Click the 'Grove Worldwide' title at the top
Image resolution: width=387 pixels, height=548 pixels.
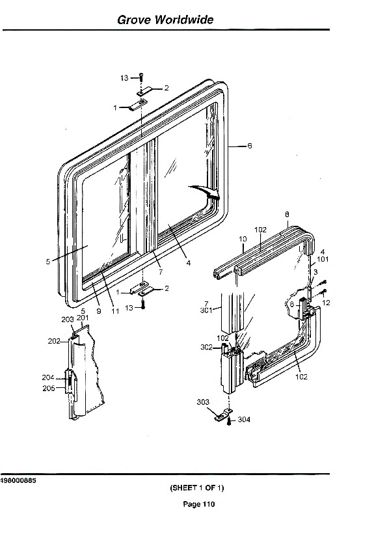(165, 20)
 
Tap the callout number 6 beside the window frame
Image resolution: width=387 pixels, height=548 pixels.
(249, 146)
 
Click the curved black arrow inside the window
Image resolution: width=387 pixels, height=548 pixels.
(205, 192)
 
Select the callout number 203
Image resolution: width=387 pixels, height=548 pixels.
(68, 319)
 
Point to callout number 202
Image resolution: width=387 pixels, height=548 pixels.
(54, 341)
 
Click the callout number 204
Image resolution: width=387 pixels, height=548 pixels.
(48, 377)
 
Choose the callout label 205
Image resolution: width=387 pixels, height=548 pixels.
(49, 388)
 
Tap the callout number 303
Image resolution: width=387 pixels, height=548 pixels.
(203, 402)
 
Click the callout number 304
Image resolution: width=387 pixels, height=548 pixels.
(244, 419)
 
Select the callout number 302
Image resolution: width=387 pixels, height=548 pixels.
(206, 347)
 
